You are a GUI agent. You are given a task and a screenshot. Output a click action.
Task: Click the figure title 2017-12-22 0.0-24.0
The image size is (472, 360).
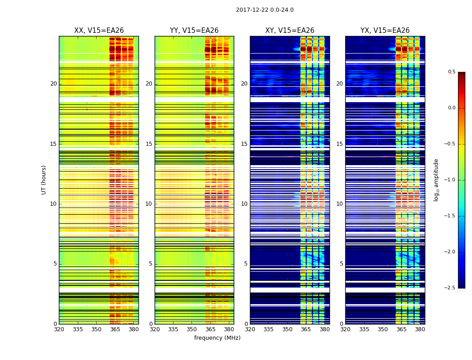tap(265, 10)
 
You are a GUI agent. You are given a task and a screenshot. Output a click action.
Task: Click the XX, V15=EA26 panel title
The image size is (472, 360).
tap(99, 31)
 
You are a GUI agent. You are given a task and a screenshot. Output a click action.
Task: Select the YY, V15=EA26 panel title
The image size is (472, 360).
tap(194, 31)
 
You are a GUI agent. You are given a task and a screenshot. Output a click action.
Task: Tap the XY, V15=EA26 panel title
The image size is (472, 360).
tap(289, 31)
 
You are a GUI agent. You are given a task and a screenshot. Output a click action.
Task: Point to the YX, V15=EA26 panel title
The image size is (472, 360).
tap(385, 31)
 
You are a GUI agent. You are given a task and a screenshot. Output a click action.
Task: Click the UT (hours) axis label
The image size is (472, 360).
tap(44, 180)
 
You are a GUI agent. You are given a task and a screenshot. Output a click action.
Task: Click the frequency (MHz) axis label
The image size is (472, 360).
tap(217, 338)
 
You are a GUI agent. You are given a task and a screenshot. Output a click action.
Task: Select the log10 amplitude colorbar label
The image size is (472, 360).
tap(436, 180)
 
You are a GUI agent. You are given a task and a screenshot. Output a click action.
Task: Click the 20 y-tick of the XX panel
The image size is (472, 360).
tap(53, 84)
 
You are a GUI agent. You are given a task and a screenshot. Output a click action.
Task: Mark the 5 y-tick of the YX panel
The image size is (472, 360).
tap(341, 264)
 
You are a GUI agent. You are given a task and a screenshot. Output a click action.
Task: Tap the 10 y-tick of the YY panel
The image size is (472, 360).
tap(149, 204)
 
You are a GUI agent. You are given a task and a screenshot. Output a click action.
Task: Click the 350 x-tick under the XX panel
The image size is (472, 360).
tap(96, 329)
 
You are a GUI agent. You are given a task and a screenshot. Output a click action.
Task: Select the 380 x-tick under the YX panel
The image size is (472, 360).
tap(420, 329)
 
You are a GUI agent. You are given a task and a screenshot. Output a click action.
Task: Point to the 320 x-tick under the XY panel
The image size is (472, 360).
tap(250, 329)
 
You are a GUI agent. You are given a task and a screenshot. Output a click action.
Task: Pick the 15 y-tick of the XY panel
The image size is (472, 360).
tap(244, 144)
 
